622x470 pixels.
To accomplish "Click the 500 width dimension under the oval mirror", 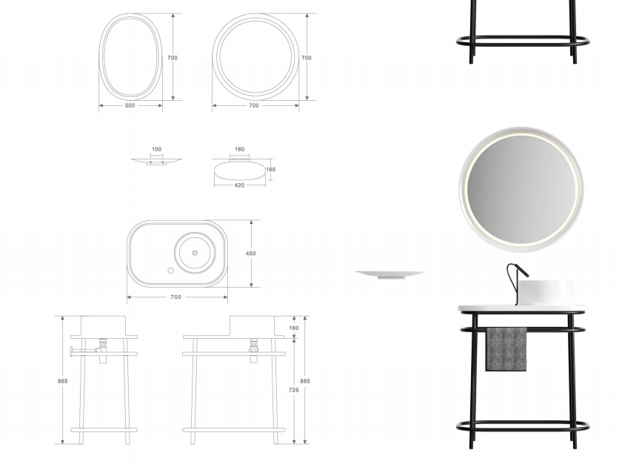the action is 130,106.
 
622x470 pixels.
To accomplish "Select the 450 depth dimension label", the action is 251,254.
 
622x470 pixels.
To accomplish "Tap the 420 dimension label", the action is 240,185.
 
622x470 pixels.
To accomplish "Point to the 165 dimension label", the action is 270,169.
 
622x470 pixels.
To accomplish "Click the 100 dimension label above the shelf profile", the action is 157,150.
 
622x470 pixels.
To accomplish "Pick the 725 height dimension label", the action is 293,390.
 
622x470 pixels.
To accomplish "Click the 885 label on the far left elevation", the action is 63,381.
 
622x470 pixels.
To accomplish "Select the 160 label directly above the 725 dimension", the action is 294,328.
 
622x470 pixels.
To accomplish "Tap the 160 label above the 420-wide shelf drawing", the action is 240,150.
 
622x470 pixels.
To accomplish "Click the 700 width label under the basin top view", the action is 175,297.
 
